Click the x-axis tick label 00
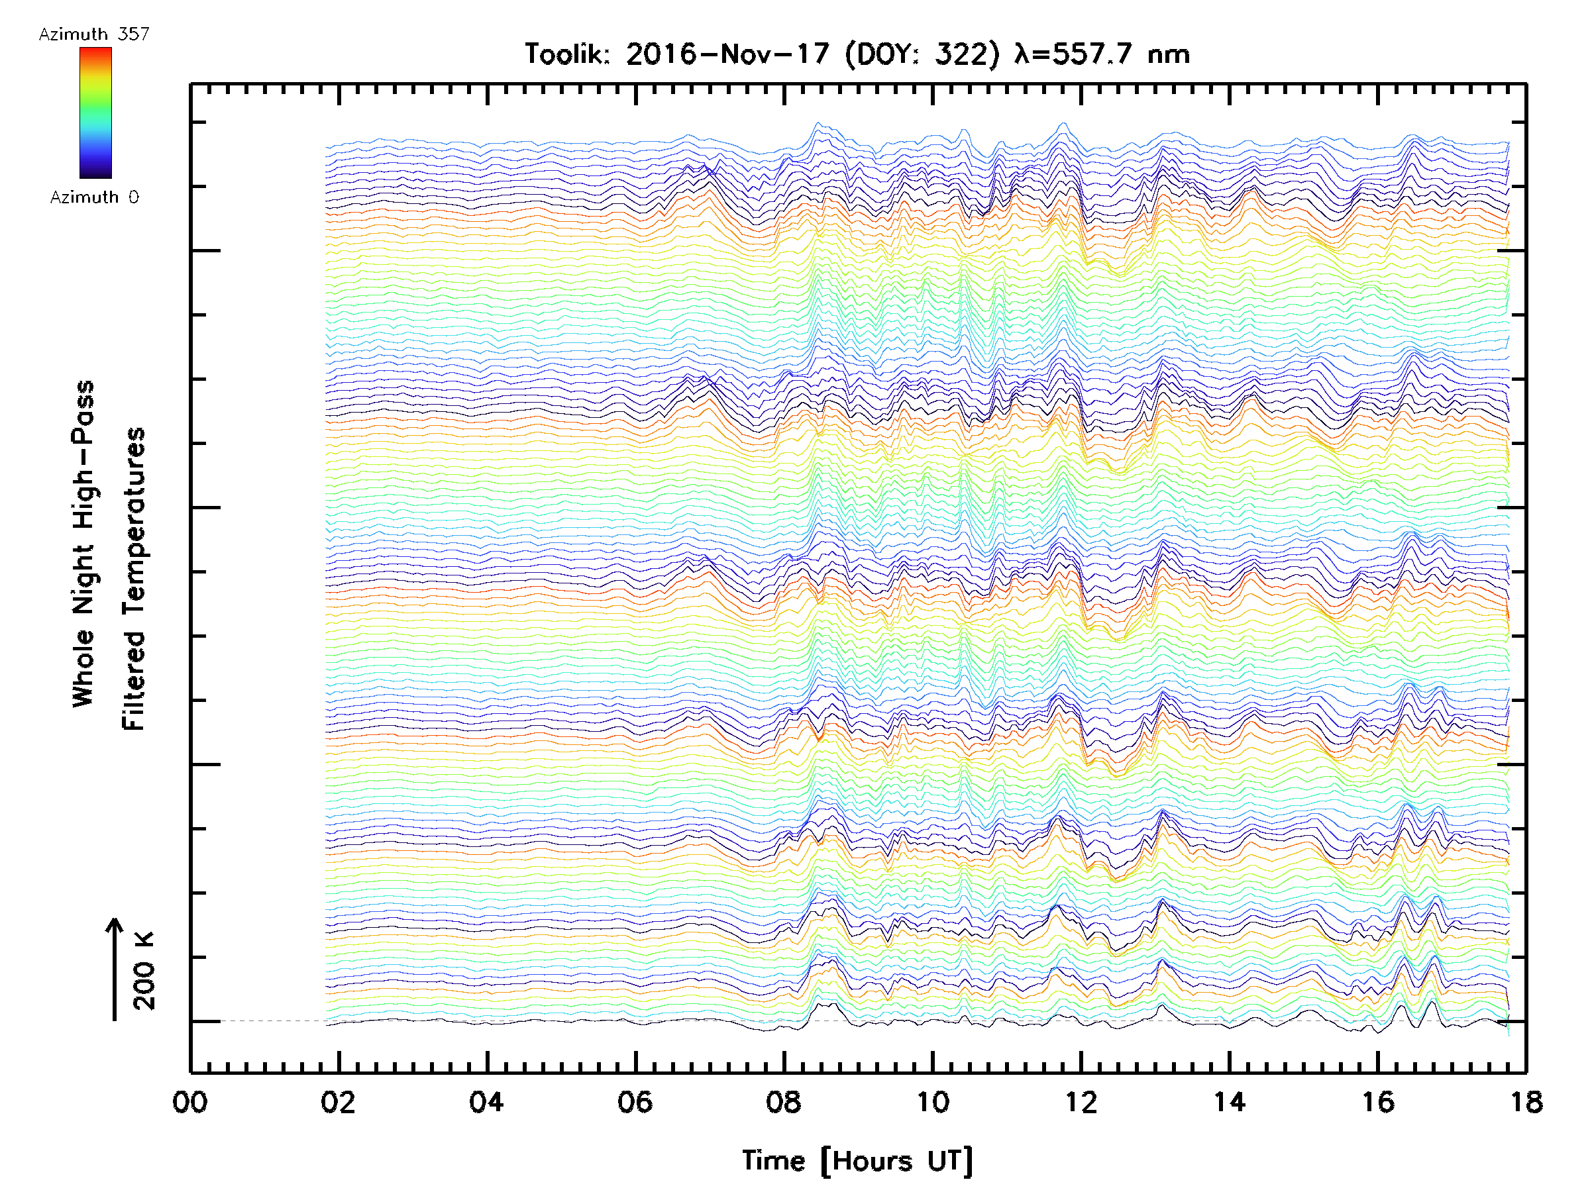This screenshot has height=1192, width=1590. [189, 1102]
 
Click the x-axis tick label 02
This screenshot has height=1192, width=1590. [338, 1102]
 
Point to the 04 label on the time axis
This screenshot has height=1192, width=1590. [487, 1102]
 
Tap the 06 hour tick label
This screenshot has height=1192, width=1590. [635, 1102]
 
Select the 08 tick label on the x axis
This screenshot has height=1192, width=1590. [784, 1102]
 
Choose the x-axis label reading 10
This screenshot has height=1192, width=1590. [932, 1102]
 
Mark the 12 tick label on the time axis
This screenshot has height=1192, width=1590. [1081, 1102]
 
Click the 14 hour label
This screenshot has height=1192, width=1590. [1230, 1102]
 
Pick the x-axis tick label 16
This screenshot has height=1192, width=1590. [1378, 1102]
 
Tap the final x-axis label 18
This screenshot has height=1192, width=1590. [1525, 1102]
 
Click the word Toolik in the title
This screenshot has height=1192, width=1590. [567, 54]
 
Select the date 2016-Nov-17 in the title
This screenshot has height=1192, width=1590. [727, 54]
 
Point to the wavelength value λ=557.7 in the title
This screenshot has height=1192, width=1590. [1074, 54]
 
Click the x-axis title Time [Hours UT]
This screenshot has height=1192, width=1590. [857, 1161]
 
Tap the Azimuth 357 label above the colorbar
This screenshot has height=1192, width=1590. [94, 34]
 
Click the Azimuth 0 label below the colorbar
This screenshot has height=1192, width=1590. [94, 197]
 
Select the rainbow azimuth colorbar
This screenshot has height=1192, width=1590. [95, 113]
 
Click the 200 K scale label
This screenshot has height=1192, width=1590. [144, 971]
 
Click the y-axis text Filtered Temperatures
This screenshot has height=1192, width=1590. [134, 579]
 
